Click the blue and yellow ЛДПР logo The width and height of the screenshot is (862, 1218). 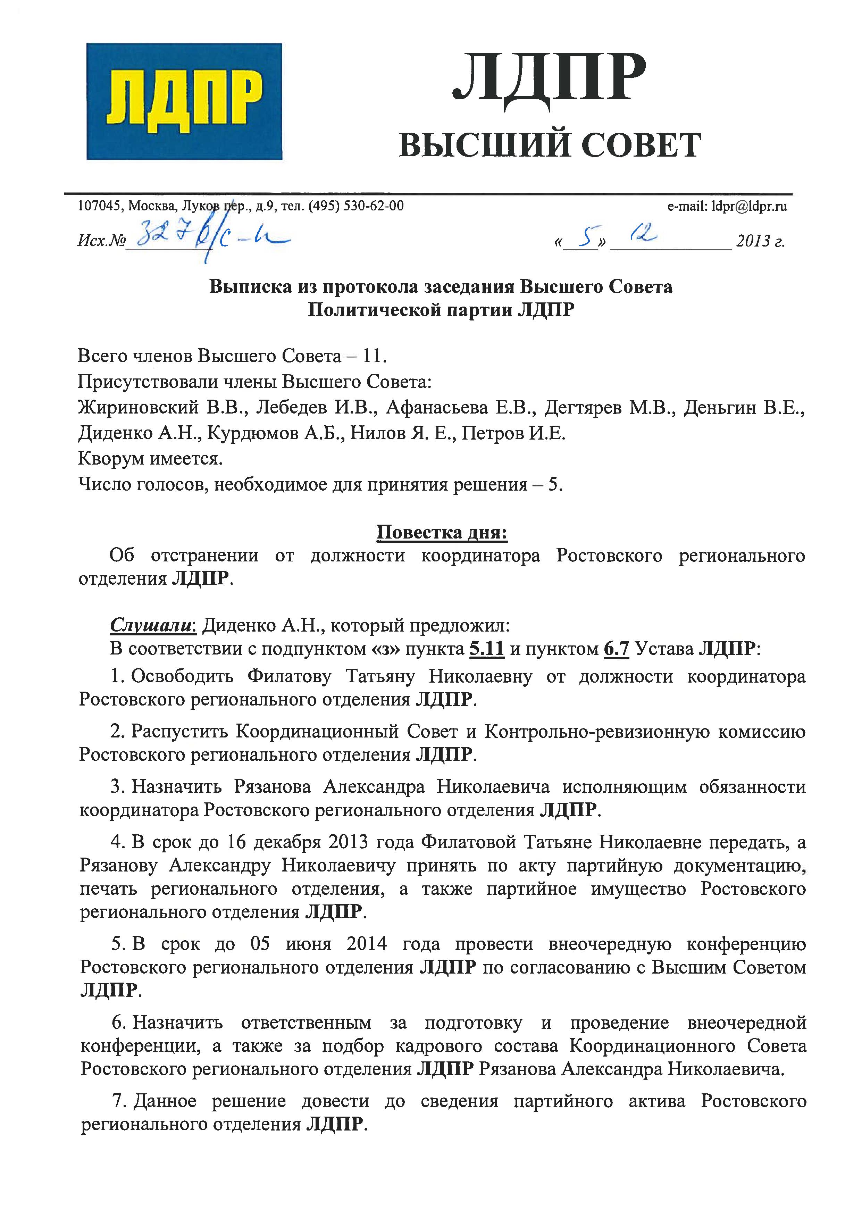coord(184,101)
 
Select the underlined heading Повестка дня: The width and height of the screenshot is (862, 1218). coord(442,532)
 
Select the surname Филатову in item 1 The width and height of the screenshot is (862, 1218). coord(289,677)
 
